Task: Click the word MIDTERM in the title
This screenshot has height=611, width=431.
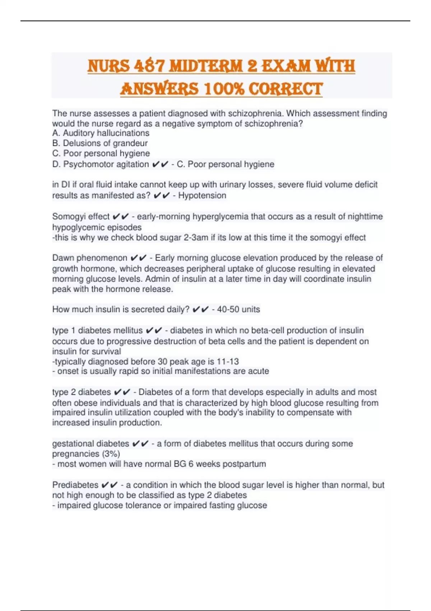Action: pyautogui.click(x=205, y=66)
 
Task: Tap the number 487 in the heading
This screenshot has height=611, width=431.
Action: pyautogui.click(x=149, y=66)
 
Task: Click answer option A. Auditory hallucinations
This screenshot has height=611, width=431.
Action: pyautogui.click(x=101, y=133)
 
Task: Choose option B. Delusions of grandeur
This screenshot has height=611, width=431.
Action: pyautogui.click(x=100, y=143)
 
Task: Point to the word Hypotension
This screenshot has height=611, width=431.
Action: pyautogui.click(x=202, y=196)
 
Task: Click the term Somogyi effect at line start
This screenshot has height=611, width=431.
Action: pyautogui.click(x=81, y=216)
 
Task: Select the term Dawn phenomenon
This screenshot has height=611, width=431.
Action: pyautogui.click(x=90, y=258)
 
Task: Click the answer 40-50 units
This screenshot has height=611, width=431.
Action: pyautogui.click(x=238, y=309)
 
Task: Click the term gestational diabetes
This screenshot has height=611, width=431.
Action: pyautogui.click(x=91, y=444)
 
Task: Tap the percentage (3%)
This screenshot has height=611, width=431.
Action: pyautogui.click(x=111, y=454)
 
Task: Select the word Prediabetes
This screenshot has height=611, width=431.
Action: pyautogui.click(x=75, y=485)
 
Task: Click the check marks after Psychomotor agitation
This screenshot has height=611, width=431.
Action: pyautogui.click(x=160, y=164)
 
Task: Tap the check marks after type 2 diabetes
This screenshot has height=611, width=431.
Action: pyautogui.click(x=122, y=392)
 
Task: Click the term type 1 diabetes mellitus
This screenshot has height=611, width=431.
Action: pyautogui.click(x=97, y=330)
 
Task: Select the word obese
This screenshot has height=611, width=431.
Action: pyautogui.click(x=86, y=403)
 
